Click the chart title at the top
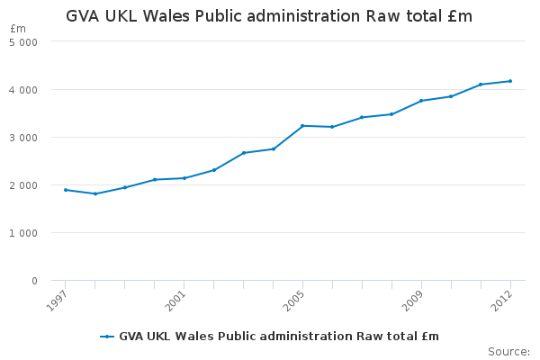coord(269,16)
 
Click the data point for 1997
coord(66,190)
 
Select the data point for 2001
coord(184,178)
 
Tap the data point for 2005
coord(302,126)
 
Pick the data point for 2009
coord(421,101)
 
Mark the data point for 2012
coord(510,81)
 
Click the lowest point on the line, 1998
coord(95,193)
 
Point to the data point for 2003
coord(244,153)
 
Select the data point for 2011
coord(481,85)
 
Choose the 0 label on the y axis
coord(34,281)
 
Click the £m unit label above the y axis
coord(19,29)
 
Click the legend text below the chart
coord(279,337)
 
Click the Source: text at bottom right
coord(508,351)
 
